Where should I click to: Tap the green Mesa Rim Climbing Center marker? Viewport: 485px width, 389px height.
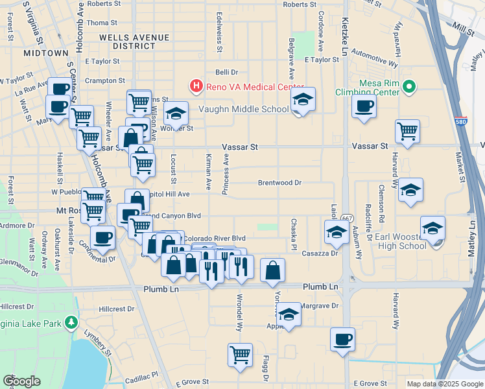pos(408,86)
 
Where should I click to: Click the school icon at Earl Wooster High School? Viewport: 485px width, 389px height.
pos(432,229)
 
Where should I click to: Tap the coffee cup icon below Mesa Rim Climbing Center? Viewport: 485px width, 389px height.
pos(364,106)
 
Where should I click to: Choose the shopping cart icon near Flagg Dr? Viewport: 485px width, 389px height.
pos(240,355)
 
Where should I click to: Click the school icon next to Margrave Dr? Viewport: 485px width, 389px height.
pos(289,315)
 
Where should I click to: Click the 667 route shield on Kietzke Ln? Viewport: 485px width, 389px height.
pos(347,218)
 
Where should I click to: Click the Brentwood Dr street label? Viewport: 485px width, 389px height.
pos(279,183)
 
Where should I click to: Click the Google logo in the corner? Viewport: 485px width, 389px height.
pos(21,381)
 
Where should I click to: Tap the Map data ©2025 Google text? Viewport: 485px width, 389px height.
pos(444,384)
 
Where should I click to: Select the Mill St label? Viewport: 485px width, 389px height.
pos(464,29)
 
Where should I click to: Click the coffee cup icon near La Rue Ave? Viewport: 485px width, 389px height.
pos(60,89)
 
